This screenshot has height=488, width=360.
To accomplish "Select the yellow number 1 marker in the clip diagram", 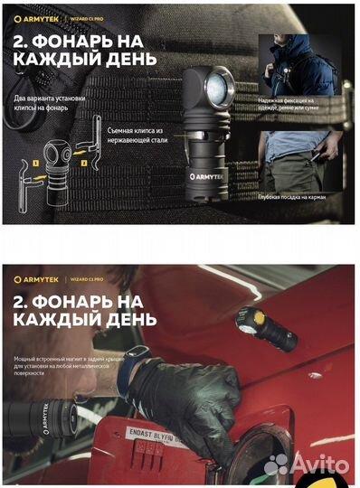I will tap(61, 163).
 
